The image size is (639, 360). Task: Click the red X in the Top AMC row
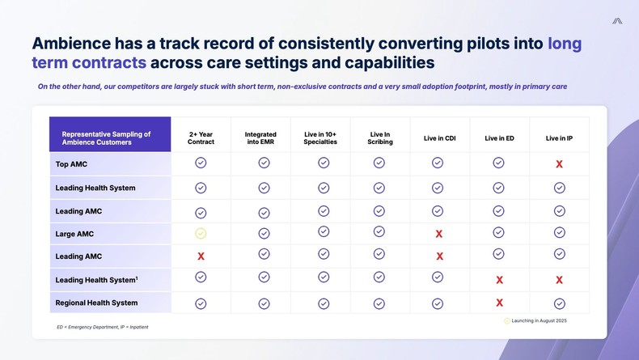coord(559,164)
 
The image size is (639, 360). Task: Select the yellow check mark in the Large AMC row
coord(201,234)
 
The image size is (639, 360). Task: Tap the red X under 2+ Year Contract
coord(201,256)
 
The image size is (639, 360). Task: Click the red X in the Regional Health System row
coord(499,303)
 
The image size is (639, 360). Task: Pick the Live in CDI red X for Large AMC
coord(438,234)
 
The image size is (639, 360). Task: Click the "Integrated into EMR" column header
coord(260,138)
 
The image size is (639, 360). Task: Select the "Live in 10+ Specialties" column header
coord(321,138)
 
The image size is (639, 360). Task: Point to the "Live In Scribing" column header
coord(380,138)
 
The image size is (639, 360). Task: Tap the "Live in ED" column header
coord(499,138)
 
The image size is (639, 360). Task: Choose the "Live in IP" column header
coord(559,138)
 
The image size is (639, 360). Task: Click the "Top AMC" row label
coord(72,164)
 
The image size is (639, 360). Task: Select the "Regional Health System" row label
coord(96,303)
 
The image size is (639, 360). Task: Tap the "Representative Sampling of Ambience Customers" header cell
coord(106,138)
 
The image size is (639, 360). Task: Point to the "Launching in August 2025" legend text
coord(539,321)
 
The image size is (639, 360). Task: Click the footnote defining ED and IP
coord(102,327)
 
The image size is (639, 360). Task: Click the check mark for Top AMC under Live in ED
coord(499,163)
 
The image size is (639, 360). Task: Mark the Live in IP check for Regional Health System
coord(559,303)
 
